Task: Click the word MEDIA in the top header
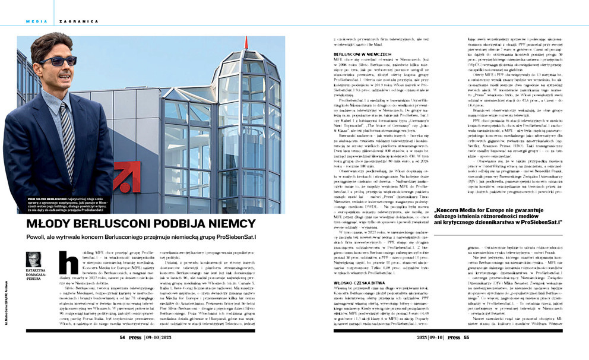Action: [33, 21]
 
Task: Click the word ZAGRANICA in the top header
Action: [66, 21]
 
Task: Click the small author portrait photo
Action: [33, 260]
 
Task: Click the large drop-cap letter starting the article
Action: [68, 261]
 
